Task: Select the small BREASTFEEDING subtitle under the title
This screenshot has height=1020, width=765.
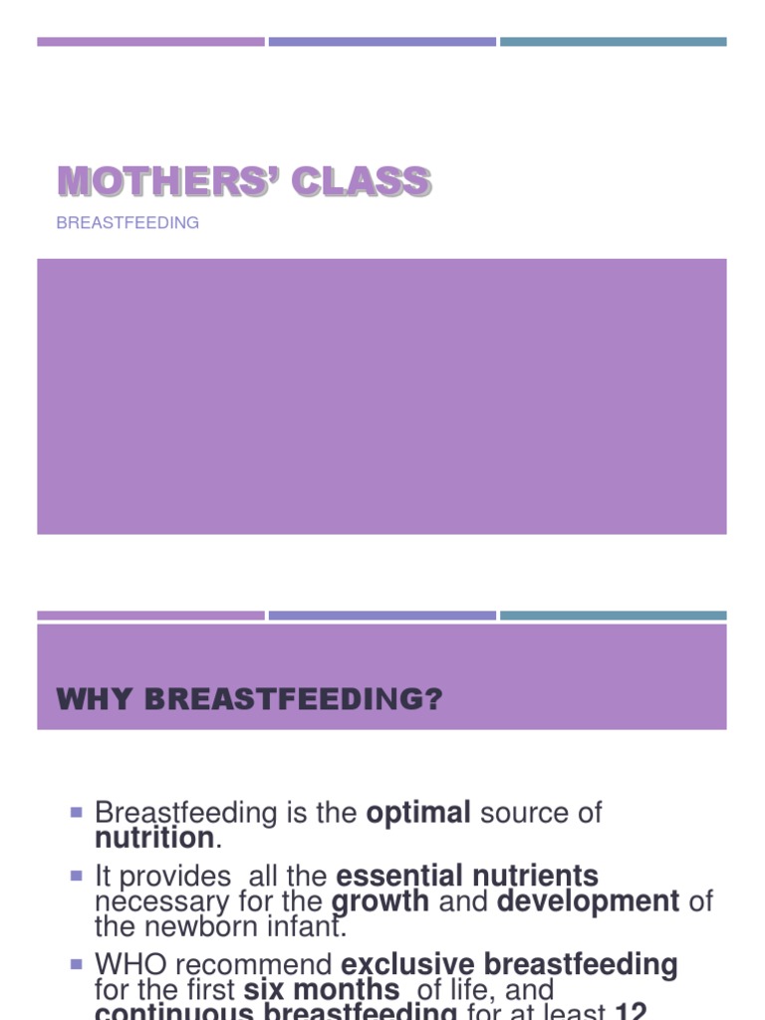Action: [127, 223]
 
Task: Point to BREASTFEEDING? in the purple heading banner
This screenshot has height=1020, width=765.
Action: [293, 700]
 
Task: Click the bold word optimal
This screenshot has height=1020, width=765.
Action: [418, 813]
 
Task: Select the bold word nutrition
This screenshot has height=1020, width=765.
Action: [154, 838]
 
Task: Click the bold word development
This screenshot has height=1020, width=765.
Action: [588, 901]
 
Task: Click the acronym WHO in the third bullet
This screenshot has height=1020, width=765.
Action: [127, 965]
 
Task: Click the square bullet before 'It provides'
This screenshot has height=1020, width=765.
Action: [76, 877]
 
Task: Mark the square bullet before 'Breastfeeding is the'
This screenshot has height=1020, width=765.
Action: [76, 813]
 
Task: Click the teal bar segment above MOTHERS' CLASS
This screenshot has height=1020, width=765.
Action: [613, 42]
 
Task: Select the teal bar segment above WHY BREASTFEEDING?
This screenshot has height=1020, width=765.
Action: [613, 616]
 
